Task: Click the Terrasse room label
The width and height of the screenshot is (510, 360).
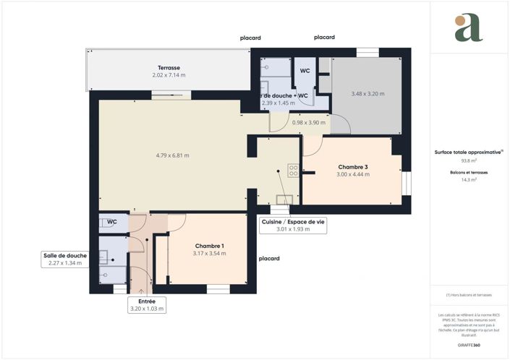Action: pos(169,67)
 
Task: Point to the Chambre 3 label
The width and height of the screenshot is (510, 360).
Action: pos(353,167)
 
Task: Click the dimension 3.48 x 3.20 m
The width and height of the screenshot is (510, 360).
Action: pos(367,94)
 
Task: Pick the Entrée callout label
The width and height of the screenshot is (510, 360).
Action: pos(147,301)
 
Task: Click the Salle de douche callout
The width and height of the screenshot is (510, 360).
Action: pos(65,255)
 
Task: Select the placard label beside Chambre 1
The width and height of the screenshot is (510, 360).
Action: pos(269,258)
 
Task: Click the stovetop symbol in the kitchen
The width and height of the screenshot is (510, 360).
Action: pos(293,171)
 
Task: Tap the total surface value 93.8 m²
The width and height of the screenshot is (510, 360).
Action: pos(469,161)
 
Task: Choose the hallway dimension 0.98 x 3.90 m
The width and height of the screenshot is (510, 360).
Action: pos(308,122)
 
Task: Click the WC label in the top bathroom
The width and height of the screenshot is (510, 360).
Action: pos(305,71)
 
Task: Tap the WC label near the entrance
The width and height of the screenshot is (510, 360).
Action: pos(112,222)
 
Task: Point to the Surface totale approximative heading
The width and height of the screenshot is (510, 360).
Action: pos(468,153)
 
